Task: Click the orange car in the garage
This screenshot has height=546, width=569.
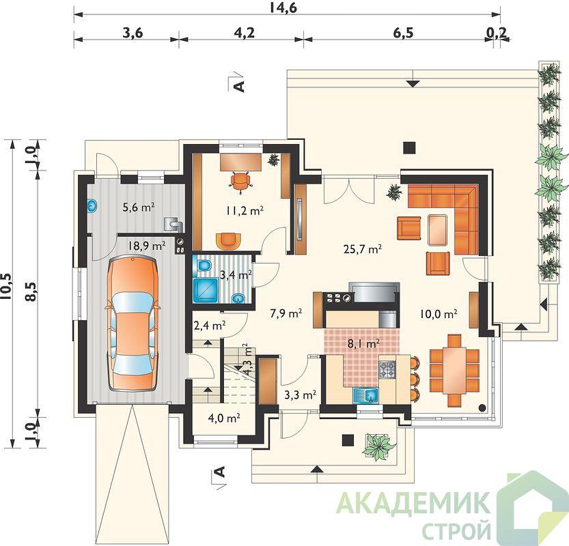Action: point(133,323)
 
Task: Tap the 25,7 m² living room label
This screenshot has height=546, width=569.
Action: point(362,248)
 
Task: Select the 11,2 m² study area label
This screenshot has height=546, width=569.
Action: point(245,210)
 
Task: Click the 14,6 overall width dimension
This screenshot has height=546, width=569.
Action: point(283,8)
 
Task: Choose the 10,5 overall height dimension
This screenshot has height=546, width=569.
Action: point(7,287)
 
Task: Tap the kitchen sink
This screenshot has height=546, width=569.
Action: point(366,394)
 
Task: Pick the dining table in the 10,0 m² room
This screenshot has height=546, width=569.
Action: point(454,370)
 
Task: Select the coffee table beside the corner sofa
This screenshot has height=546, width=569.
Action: point(438,230)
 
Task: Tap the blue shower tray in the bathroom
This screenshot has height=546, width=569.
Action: point(206,290)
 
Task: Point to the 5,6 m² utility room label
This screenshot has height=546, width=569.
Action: point(139,207)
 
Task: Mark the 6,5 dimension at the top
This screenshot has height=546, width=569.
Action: point(403,33)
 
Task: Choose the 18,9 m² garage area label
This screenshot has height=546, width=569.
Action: point(147,246)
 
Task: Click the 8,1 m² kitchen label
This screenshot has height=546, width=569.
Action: point(363,343)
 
